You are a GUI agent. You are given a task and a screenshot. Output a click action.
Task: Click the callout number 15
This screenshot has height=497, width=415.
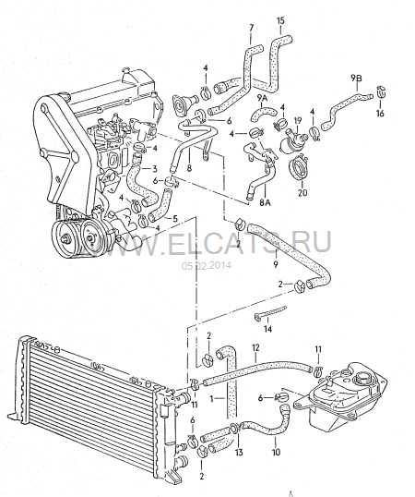point(280,21)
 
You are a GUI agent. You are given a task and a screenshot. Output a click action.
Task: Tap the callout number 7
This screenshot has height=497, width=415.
point(252,28)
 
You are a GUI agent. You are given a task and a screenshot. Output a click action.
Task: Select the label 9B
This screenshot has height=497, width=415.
point(357,78)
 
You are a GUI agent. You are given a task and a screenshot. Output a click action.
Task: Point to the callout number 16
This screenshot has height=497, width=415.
point(380,113)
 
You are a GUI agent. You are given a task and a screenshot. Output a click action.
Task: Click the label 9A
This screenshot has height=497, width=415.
point(262,98)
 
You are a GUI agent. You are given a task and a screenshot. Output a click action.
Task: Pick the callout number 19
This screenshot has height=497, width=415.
point(298,121)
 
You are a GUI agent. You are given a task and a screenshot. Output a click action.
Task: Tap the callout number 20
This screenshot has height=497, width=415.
point(302,192)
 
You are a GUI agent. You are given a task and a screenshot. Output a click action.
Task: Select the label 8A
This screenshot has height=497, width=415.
point(266,202)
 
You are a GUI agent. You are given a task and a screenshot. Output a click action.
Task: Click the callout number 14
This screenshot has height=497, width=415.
point(268,329)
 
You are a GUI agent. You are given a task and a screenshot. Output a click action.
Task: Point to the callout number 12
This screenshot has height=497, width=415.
point(255,347)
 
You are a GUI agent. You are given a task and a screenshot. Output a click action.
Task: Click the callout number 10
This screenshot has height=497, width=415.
point(276,452)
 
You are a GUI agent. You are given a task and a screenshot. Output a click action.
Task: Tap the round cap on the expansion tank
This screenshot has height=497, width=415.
point(362,378)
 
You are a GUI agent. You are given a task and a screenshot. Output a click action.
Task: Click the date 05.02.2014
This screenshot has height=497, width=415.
point(207,265)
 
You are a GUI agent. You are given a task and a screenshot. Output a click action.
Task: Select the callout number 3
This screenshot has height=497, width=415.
point(155,168)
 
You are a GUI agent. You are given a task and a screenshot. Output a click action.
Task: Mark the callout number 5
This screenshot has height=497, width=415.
point(175,218)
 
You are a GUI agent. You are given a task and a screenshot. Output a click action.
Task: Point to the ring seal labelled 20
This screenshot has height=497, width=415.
point(299,167)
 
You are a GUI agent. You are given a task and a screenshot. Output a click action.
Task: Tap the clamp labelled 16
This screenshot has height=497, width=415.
point(381,91)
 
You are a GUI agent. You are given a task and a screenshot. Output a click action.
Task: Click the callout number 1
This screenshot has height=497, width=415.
point(212,399)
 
